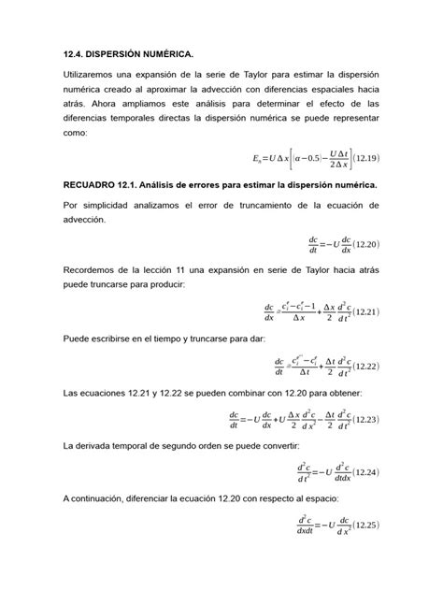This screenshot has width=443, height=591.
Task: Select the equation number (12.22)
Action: pos(361,366)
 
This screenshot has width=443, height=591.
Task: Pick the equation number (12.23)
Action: pos(361,420)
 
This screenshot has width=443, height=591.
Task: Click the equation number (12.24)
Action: pos(361,471)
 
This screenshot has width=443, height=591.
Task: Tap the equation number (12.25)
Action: pos(361,525)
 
